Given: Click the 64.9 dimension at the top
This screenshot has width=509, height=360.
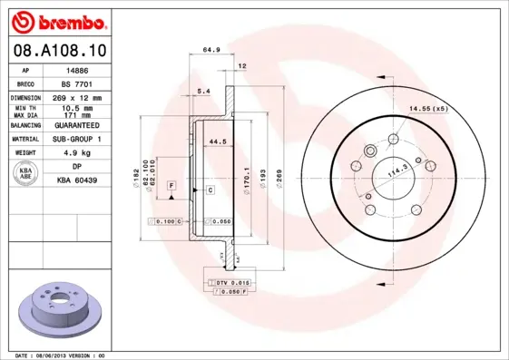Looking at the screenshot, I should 211,51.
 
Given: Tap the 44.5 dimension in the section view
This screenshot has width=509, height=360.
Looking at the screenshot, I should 217,142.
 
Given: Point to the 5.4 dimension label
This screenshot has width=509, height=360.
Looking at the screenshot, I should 203,92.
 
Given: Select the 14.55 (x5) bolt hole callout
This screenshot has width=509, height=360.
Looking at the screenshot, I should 428,109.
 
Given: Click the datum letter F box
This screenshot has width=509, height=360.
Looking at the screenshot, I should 170,185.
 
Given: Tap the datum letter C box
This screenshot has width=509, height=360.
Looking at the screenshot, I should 210,190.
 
